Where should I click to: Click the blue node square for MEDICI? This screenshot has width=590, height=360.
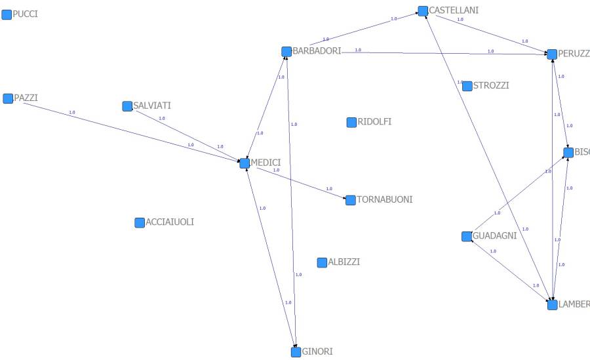[x=245, y=163]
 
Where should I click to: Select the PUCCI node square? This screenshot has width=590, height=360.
[x=7, y=14]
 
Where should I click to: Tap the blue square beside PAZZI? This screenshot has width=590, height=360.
[x=8, y=98]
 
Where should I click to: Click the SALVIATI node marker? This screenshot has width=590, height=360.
[x=127, y=106]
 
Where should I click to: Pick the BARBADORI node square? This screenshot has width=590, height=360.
[x=286, y=51]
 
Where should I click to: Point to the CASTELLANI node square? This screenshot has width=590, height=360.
[x=423, y=10]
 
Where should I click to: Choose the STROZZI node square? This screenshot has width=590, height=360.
[x=467, y=86]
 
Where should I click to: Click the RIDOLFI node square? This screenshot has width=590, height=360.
[x=351, y=122]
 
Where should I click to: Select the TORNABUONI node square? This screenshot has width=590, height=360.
[x=351, y=200]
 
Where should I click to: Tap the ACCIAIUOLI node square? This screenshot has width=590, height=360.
[x=140, y=222]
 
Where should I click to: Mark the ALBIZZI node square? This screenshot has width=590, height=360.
[x=322, y=262]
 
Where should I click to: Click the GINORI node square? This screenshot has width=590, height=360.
[x=296, y=351]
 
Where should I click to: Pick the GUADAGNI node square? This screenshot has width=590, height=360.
[x=467, y=236]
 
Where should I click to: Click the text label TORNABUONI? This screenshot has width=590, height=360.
[x=385, y=199]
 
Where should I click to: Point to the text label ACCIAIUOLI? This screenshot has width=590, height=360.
[x=170, y=222]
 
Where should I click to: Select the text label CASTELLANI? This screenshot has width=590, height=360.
[x=454, y=10]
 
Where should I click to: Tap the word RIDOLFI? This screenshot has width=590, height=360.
[x=374, y=121]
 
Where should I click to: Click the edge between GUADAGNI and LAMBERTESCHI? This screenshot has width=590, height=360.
[x=509, y=270]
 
